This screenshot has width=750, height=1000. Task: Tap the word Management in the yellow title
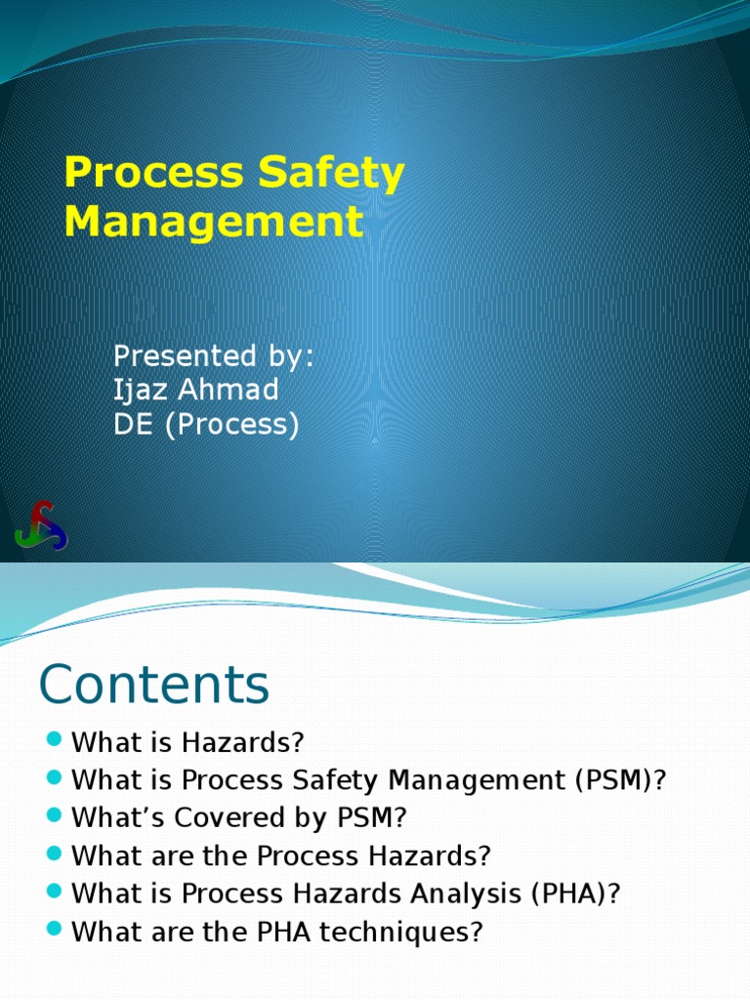pyautogui.click(x=213, y=221)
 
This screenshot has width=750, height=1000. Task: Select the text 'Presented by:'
pyautogui.click(x=214, y=355)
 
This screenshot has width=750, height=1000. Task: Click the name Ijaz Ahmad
pyautogui.click(x=196, y=390)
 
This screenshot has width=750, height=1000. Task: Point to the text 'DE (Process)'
pyautogui.click(x=206, y=425)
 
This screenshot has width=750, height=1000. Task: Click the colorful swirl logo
pyautogui.click(x=41, y=525)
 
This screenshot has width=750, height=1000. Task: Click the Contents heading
pyautogui.click(x=153, y=685)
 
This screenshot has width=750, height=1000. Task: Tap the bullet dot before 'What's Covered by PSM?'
pyautogui.click(x=54, y=815)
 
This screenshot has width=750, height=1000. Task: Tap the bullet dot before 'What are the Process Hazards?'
pyautogui.click(x=54, y=854)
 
